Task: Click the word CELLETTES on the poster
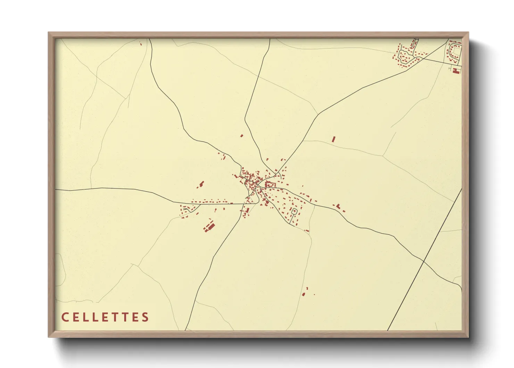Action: (105, 317)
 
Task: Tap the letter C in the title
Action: (65, 317)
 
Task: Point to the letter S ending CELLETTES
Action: (146, 317)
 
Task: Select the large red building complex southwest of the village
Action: (209, 226)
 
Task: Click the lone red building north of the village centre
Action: (242, 136)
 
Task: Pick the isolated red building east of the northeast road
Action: (333, 139)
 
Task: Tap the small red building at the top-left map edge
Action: (141, 43)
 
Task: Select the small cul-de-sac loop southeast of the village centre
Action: (295, 211)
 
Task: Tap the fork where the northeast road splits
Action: (318, 114)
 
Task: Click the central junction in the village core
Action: (257, 186)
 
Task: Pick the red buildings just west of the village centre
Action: (201, 184)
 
